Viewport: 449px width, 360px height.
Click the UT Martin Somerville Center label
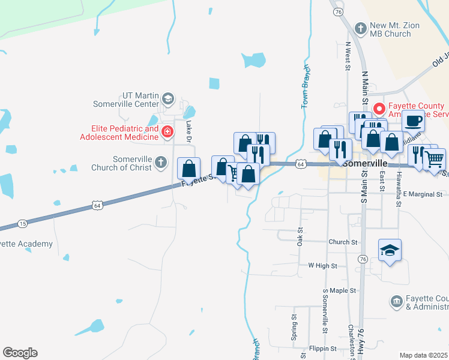click(125, 100)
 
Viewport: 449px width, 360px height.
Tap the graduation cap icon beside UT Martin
click(168, 98)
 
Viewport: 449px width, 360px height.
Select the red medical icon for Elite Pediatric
click(167, 132)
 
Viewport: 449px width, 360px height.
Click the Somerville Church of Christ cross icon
click(160, 162)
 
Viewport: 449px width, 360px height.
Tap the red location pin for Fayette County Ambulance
click(379, 109)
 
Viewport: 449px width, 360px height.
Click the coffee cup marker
click(413, 121)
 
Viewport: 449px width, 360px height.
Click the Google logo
click(20, 353)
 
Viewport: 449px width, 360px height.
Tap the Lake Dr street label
click(188, 131)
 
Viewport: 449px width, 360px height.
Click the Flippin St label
click(322, 349)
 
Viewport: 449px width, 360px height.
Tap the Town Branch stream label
click(305, 86)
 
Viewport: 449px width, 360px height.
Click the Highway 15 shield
click(23, 224)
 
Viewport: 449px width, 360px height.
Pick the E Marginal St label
click(422, 194)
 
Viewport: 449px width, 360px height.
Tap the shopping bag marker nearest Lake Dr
click(189, 169)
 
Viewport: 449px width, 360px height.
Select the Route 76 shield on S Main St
click(362, 259)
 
